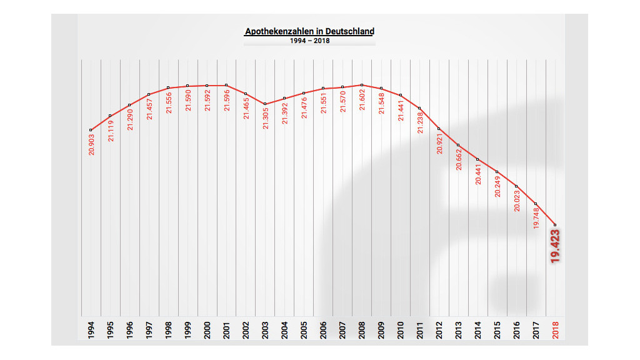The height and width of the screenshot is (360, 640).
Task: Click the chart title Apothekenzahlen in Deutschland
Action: pos(309,31)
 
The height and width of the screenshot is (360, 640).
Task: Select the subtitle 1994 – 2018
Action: pos(309,41)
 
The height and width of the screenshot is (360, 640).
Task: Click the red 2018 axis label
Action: pos(556,329)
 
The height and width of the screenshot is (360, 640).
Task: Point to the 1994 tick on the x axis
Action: pos(91,329)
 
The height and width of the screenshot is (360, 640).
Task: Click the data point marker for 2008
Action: pos(362,84)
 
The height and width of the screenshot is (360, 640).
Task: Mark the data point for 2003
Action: pos(265,104)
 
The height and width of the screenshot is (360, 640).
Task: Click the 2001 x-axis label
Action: pos(226,329)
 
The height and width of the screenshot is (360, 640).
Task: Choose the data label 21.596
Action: pos(226,99)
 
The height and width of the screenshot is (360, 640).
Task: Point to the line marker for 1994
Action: pos(91,130)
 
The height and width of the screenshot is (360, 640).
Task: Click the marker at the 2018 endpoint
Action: pos(556,224)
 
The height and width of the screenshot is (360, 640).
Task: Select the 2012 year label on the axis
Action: pos(439,329)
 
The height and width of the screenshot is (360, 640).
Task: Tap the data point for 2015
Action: pos(497,172)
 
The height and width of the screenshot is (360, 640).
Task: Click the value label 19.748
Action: pos(536,217)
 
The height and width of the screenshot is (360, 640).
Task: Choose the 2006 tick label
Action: pos(323,329)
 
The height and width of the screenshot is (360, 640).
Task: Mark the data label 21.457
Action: pos(149,108)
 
